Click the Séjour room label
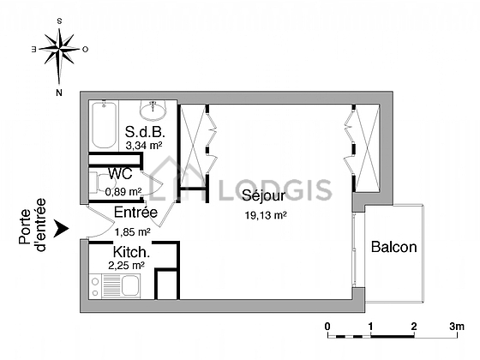tap(264, 196)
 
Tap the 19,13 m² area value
tap(266, 215)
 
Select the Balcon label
tap(394, 247)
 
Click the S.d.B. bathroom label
tap(145, 132)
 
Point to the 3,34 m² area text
tap(144, 146)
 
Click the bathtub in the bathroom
tap(105, 125)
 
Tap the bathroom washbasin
tap(153, 110)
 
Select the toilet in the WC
tap(102, 183)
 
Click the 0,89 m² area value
tap(123, 192)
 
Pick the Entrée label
tap(135, 213)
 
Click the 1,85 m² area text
tap(133, 232)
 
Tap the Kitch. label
tap(131, 252)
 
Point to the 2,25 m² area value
tap(127, 266)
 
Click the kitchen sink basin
tap(130, 285)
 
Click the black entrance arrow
tap(61, 229)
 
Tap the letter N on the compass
tap(59, 93)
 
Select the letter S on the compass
tap(60, 21)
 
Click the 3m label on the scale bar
tap(457, 327)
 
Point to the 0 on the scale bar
tap(327, 327)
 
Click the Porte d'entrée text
tap(33, 225)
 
